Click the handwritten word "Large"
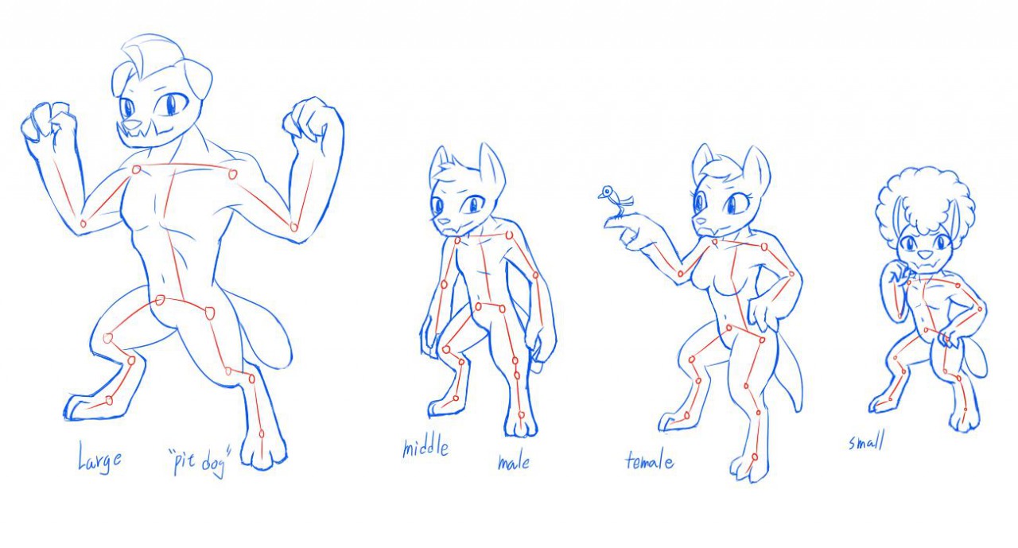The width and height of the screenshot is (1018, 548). tap(99, 457)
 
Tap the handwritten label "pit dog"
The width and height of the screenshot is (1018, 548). tap(200, 462)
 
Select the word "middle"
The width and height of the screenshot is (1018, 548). tap(425, 447)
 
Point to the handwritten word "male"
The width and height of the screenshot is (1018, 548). tap(514, 463)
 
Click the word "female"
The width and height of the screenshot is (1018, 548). tap(650, 461)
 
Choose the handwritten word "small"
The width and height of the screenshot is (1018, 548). tap(867, 441)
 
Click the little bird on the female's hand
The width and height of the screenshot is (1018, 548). tap(615, 199)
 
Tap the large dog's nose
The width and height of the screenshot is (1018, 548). tap(133, 123)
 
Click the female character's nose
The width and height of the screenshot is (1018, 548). tap(697, 220)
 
